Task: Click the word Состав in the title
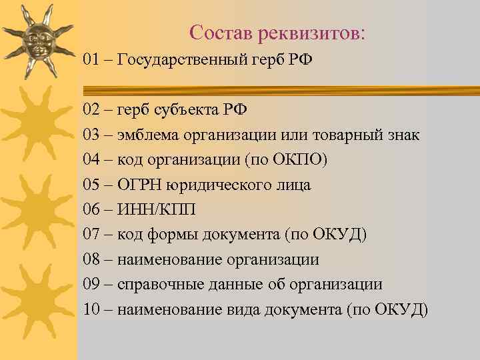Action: point(218,32)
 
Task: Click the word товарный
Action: point(349,135)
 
